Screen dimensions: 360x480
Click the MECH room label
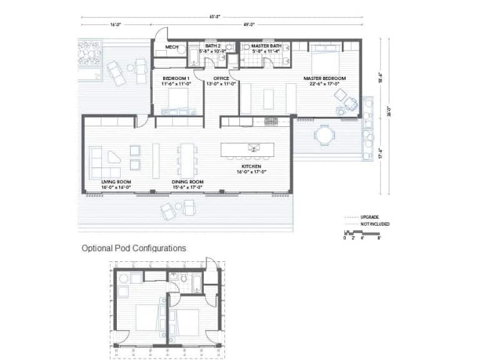tap(171, 47)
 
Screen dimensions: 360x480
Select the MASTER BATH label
tap(266, 46)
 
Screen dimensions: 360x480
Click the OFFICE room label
tap(221, 79)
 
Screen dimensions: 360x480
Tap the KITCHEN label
tap(251, 166)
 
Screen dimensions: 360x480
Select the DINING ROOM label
tap(187, 182)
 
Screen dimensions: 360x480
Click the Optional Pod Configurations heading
tap(134, 248)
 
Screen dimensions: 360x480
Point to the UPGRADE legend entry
tap(369, 217)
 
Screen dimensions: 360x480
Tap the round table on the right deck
tap(324, 135)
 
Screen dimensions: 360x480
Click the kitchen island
tap(247, 149)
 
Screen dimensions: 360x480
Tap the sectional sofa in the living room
tap(104, 162)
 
